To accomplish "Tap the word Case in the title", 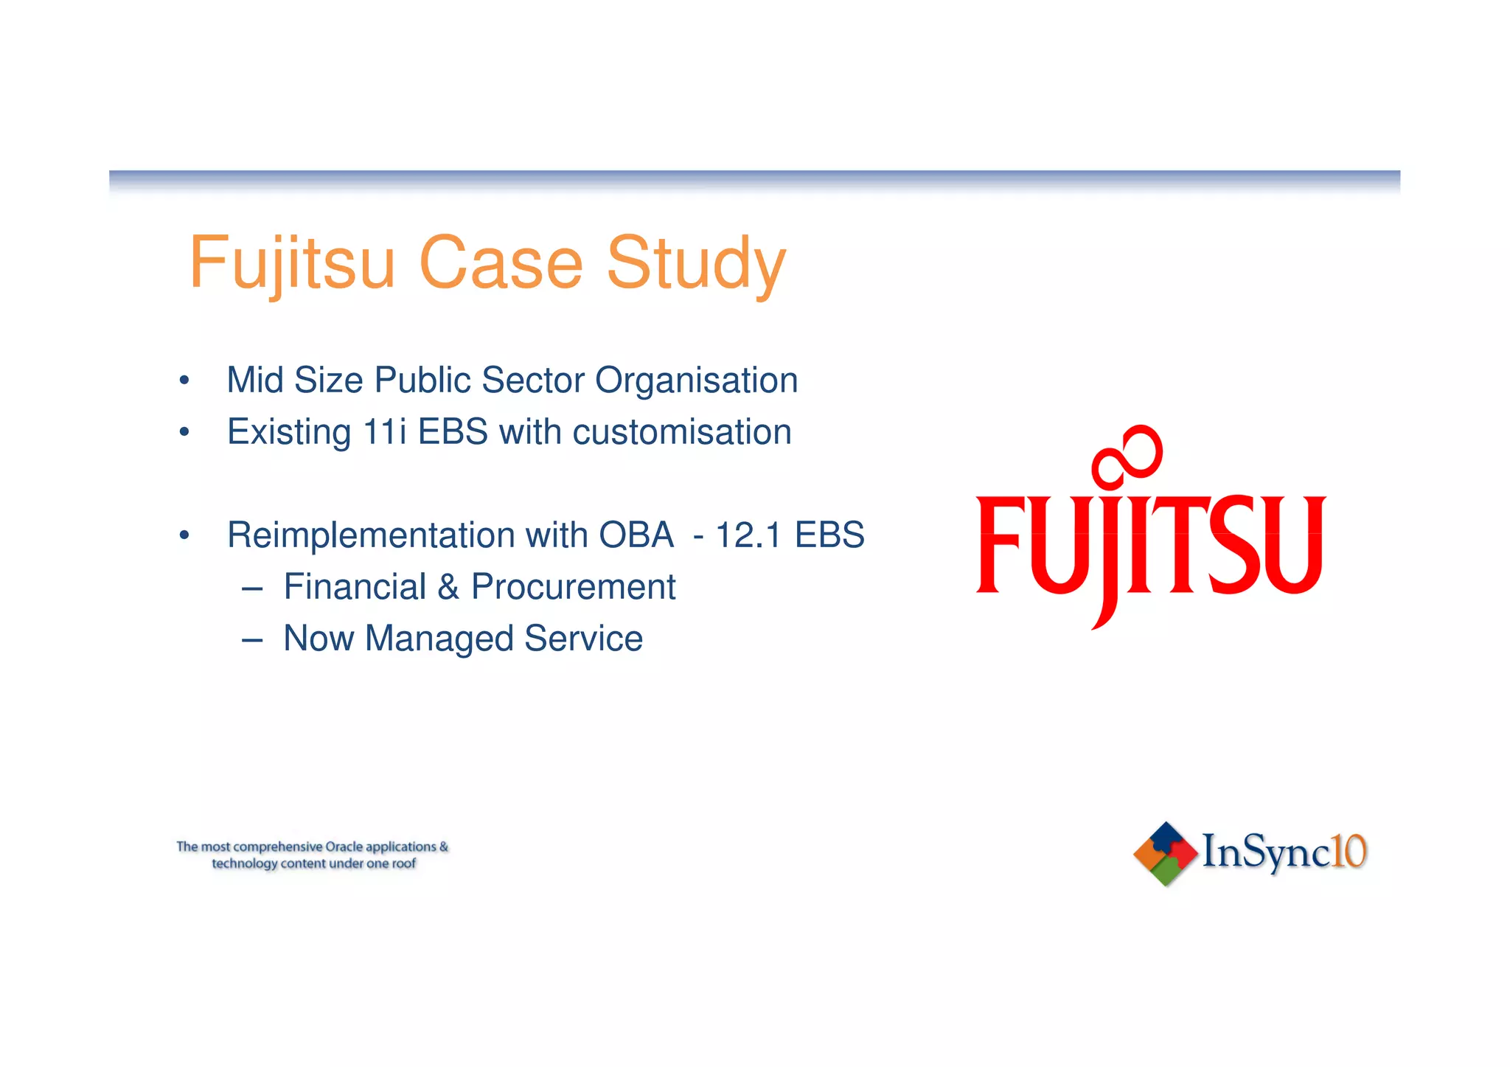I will click(x=501, y=264).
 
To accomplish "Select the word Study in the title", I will click(x=696, y=264).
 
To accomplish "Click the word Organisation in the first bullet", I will click(x=696, y=380).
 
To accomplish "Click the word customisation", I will click(x=682, y=432).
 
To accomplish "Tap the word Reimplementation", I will click(x=370, y=535).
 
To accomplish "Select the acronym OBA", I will click(x=636, y=535).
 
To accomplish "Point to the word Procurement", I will click(x=573, y=587).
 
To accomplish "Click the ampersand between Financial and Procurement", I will click(x=448, y=587).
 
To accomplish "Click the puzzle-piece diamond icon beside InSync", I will click(x=1165, y=853).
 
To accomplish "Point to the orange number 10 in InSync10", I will click(x=1349, y=852).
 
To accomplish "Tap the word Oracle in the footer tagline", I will click(x=343, y=847).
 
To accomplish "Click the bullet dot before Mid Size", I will click(x=184, y=381).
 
